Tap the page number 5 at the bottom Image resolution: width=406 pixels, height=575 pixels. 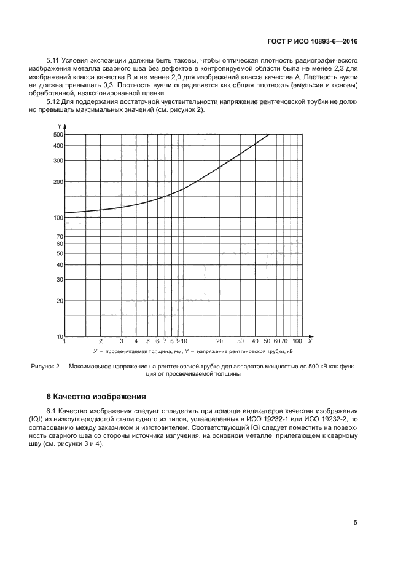[356, 523]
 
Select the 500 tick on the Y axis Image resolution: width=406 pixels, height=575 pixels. [59, 134]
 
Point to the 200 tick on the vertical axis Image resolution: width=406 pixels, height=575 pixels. [59, 182]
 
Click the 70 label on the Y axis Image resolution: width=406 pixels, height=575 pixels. [60, 236]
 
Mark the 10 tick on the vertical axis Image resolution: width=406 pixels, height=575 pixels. [60, 336]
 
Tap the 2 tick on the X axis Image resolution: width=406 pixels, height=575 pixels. [101, 341]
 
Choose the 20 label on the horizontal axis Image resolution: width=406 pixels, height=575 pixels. [219, 341]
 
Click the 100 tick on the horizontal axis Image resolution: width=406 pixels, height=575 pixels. [297, 341]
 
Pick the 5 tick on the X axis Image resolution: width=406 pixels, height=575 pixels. [147, 341]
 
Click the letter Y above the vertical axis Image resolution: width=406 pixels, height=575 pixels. [60, 126]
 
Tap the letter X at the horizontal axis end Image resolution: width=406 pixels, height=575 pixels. [310, 341]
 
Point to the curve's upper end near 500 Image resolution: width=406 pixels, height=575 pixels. [268, 135]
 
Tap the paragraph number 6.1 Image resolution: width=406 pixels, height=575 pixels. [52, 410]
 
